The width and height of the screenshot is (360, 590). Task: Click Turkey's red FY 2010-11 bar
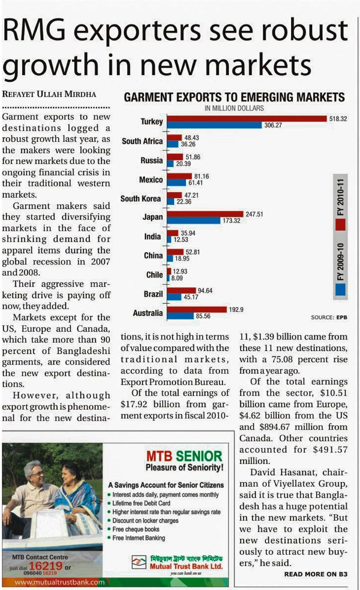(x=247, y=118)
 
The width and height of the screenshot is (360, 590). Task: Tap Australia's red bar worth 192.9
(x=197, y=309)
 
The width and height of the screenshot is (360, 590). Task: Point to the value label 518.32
(x=338, y=119)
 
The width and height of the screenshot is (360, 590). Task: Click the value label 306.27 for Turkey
(x=273, y=125)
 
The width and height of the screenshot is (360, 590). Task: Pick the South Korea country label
(x=140, y=198)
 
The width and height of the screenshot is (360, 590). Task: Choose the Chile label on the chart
(x=154, y=275)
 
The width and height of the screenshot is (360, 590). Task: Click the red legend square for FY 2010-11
(x=340, y=224)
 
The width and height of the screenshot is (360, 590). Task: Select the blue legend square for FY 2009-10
(x=340, y=289)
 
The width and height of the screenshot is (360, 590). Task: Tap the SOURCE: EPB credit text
(x=329, y=317)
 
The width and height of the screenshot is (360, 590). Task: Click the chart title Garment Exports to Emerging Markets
(x=234, y=97)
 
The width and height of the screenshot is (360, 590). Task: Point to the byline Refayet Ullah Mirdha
(x=49, y=94)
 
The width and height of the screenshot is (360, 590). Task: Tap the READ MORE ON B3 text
(x=316, y=574)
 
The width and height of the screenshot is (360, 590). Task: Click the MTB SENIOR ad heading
(x=184, y=456)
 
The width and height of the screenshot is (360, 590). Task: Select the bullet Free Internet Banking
(x=138, y=538)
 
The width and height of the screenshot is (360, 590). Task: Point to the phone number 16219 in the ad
(x=45, y=566)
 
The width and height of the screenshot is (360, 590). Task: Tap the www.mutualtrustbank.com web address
(x=59, y=582)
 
